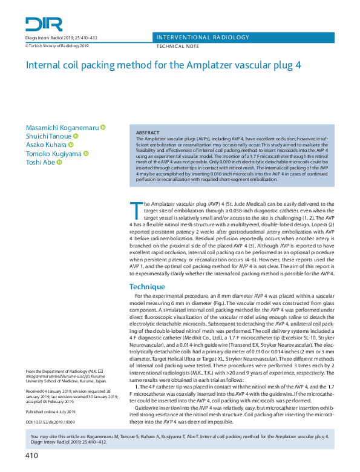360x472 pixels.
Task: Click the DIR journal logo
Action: [x=44, y=24]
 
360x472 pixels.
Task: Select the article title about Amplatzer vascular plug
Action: [x=163, y=65]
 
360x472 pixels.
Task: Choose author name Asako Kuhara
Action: [x=46, y=145]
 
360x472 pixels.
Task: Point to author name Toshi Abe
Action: [x=41, y=163]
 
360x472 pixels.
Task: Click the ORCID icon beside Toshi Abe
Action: [x=59, y=163]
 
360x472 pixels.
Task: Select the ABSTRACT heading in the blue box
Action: [x=148, y=133]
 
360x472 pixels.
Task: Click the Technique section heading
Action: [x=147, y=286]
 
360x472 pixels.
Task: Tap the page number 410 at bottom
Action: [x=32, y=455]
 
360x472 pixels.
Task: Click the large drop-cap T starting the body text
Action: [x=136, y=210]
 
